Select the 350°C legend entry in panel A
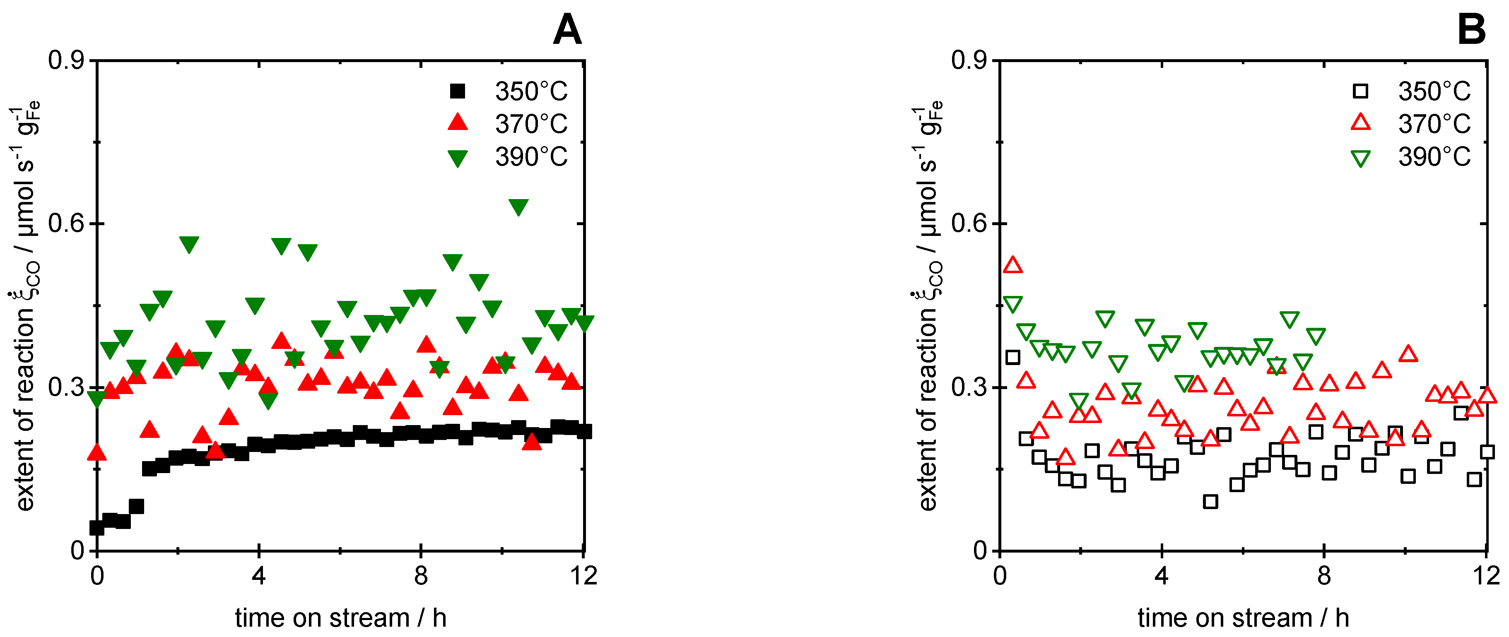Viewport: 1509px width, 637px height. [x=509, y=91]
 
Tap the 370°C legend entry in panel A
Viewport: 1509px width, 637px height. [x=509, y=123]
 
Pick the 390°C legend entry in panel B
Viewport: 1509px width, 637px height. [x=1412, y=157]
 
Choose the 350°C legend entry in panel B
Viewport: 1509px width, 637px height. [x=1412, y=91]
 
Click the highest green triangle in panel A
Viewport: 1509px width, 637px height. [x=518, y=206]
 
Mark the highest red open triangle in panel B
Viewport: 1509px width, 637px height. [x=1013, y=266]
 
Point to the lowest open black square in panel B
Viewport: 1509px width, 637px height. [x=1210, y=502]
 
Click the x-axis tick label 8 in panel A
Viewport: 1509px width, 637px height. [x=421, y=576]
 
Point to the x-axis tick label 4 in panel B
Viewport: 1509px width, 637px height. [x=1162, y=576]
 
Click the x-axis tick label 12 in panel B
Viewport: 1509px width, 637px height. [x=1486, y=576]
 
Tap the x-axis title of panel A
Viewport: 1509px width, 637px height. [x=340, y=618]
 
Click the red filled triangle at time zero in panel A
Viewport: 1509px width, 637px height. [x=96, y=452]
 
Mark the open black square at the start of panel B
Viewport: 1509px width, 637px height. [x=1013, y=357]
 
